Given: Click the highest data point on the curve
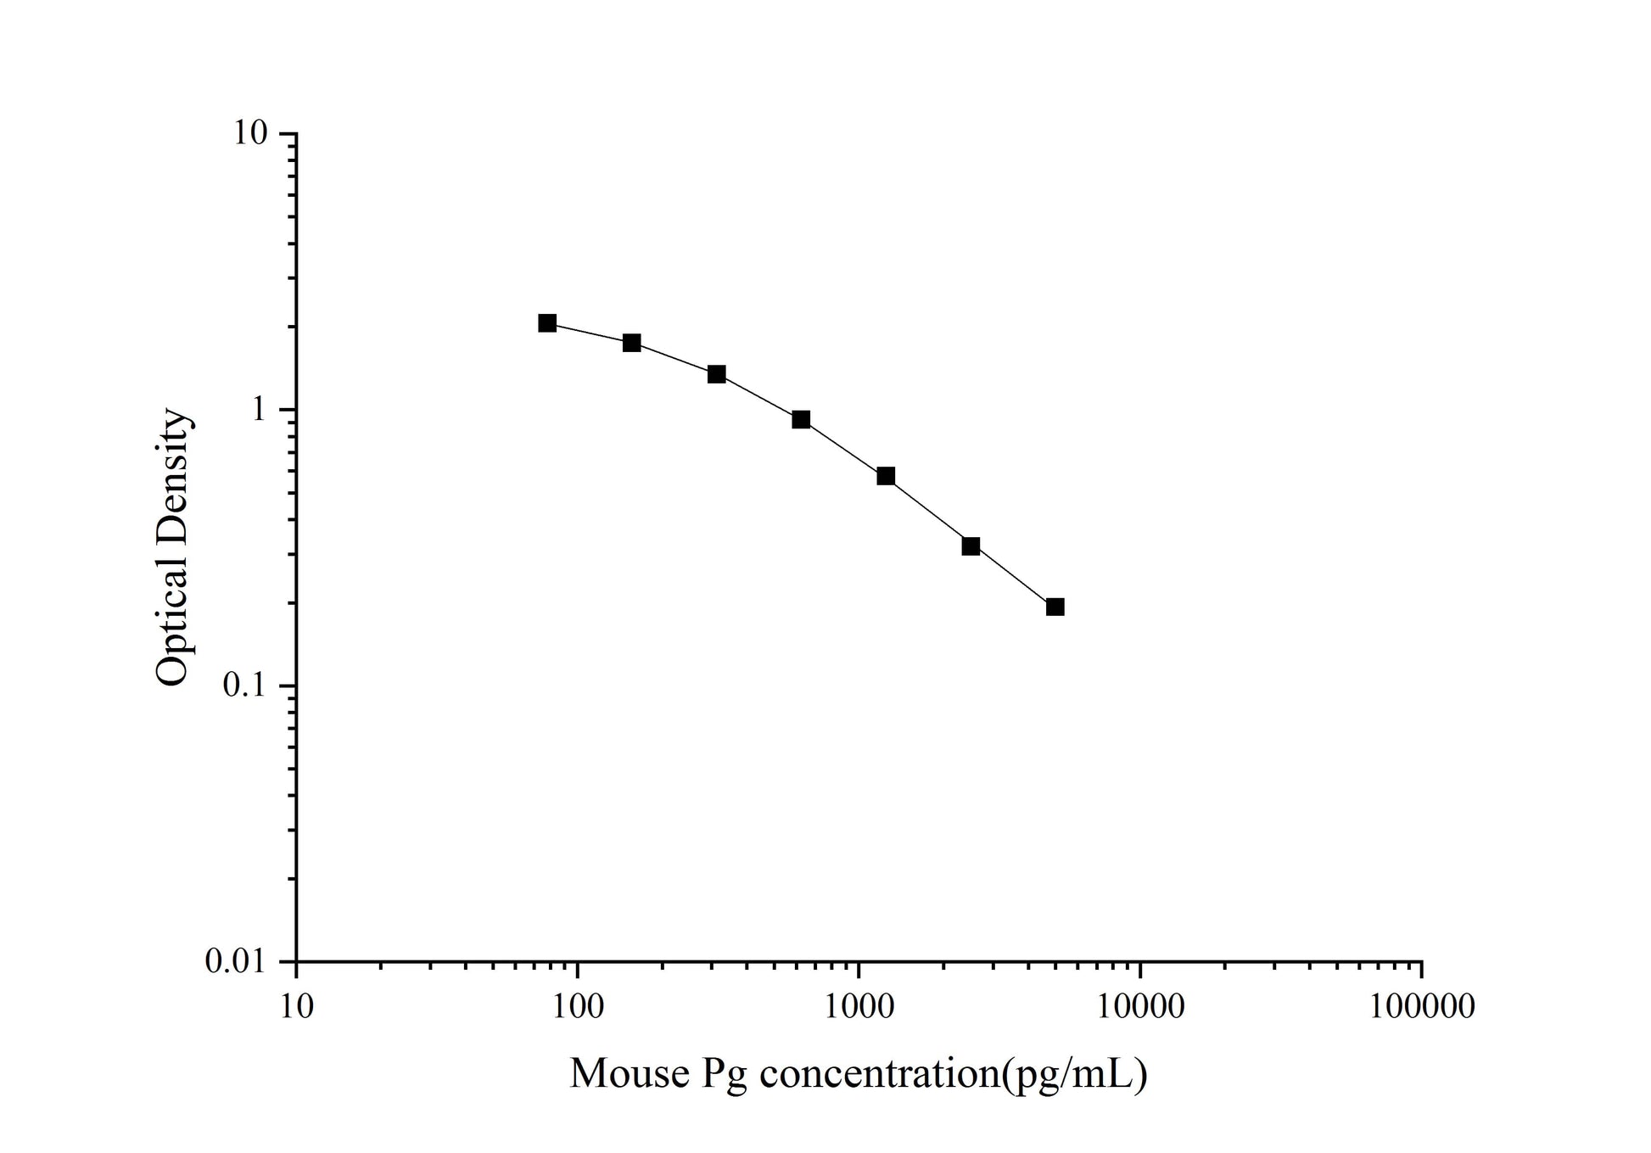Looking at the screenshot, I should pyautogui.click(x=547, y=323).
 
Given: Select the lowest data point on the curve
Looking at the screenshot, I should pyautogui.click(x=1055, y=607).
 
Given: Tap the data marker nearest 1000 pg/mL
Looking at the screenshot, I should pyautogui.click(x=886, y=476).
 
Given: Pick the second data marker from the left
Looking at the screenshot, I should pyautogui.click(x=632, y=343).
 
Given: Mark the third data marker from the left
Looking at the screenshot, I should pyautogui.click(x=717, y=374).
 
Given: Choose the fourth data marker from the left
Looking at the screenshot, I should pyautogui.click(x=801, y=419).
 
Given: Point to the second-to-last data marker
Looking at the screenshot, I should pyautogui.click(x=971, y=546).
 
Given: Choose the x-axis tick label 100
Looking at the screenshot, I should pyautogui.click(x=577, y=1007).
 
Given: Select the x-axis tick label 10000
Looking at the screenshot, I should pyautogui.click(x=1139, y=1007).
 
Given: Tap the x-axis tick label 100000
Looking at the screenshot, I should pyautogui.click(x=1421, y=1007).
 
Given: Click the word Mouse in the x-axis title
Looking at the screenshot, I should pyautogui.click(x=630, y=1074).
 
